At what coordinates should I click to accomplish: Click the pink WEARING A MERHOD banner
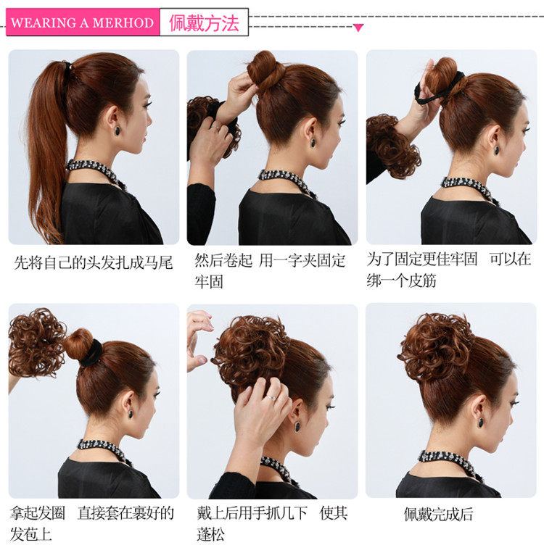pos(82,22)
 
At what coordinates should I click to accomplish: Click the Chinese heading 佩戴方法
pos(204,22)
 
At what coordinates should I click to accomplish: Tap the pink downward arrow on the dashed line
pos(358,28)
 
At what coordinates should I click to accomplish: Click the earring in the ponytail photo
pos(116,132)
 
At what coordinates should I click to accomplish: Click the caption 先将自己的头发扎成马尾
pos(94,262)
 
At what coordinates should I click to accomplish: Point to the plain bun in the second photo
pos(264,70)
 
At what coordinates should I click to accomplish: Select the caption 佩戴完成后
pos(438,515)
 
